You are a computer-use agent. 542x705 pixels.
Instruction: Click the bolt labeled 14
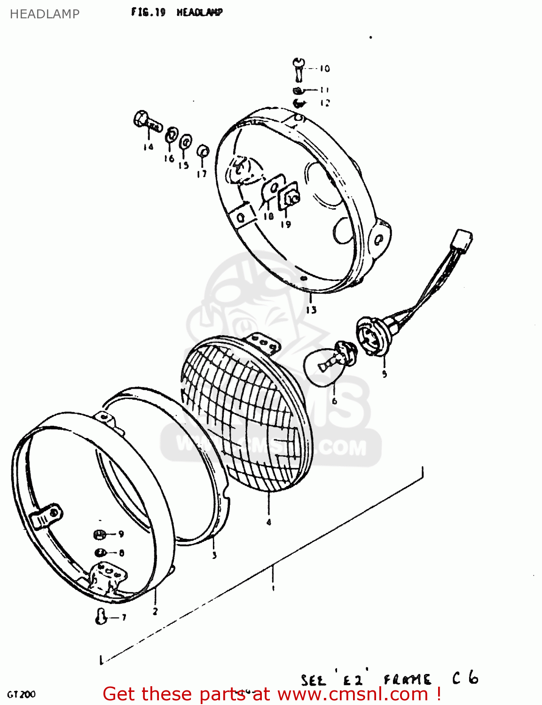click(147, 121)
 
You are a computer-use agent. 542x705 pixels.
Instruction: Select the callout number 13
click(311, 310)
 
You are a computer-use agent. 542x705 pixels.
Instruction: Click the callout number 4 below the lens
click(269, 522)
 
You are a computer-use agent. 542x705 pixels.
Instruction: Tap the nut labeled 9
click(100, 534)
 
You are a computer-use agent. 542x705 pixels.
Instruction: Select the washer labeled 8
click(100, 553)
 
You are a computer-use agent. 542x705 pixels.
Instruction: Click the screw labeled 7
click(100, 616)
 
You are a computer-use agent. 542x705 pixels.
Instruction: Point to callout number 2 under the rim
click(155, 611)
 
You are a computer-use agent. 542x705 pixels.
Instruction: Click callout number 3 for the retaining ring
click(214, 555)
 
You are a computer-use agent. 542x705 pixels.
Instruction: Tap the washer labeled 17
click(203, 151)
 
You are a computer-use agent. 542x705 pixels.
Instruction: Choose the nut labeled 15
click(186, 140)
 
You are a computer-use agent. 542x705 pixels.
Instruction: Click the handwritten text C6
click(465, 679)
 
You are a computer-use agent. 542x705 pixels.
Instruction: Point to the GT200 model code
click(21, 694)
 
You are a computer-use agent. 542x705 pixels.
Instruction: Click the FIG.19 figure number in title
click(148, 12)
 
